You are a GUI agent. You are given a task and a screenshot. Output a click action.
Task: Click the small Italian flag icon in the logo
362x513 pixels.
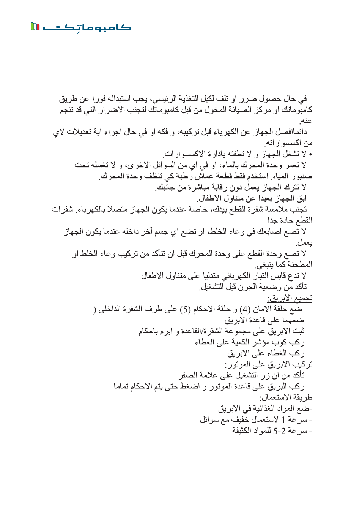pyautogui.click(x=35, y=26)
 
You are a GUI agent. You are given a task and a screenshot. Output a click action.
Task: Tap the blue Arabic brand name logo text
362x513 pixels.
pyautogui.click(x=87, y=27)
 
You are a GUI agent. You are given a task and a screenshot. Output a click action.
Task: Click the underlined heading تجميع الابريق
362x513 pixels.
pyautogui.click(x=290, y=298)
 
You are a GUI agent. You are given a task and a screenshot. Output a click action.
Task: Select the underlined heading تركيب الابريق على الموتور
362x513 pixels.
pyautogui.click(x=269, y=364)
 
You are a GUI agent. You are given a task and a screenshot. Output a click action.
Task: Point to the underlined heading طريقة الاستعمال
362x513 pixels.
pyautogui.click(x=286, y=397)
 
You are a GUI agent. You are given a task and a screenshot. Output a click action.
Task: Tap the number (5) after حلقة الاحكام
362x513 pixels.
pyautogui.click(x=186, y=309)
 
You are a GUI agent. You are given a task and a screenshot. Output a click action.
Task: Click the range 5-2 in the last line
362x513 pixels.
pyautogui.click(x=279, y=431)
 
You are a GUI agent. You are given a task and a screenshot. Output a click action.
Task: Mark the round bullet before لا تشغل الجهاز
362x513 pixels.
pyautogui.click(x=310, y=155)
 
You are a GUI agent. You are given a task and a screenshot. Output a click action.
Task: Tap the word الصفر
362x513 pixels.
pyautogui.click(x=188, y=375)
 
